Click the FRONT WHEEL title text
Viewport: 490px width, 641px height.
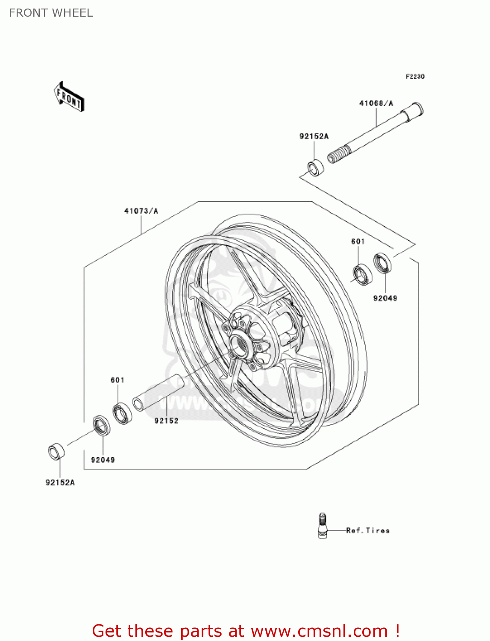click(x=51, y=13)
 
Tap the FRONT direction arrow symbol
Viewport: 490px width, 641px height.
click(x=69, y=97)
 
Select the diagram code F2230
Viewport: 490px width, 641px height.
click(x=415, y=76)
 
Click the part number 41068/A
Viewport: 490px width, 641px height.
click(x=376, y=103)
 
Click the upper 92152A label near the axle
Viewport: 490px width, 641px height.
click(x=314, y=136)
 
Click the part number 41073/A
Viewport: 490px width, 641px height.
click(x=141, y=211)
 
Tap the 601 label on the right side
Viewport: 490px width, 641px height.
click(x=358, y=241)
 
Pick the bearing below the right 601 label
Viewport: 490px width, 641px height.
click(x=362, y=275)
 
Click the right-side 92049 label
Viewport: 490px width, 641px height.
click(x=385, y=298)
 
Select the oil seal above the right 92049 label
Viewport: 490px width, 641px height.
click(x=382, y=263)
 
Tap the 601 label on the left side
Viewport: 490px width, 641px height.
click(x=117, y=380)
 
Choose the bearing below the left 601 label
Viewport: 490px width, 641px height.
click(x=122, y=413)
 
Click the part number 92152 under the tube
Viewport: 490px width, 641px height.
click(x=166, y=421)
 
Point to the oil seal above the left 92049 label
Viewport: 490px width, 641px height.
click(x=102, y=425)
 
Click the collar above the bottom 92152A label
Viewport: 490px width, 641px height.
click(x=56, y=452)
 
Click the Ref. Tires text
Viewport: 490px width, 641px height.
click(x=368, y=531)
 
